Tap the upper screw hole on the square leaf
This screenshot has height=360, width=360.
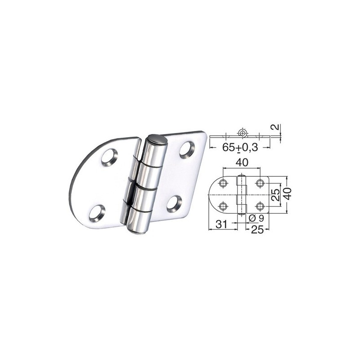pyautogui.click(x=187, y=149)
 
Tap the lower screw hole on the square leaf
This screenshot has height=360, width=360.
pyautogui.click(x=174, y=203)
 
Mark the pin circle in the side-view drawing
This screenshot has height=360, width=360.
pyautogui.click(x=243, y=133)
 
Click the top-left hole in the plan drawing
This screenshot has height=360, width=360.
pyautogui.click(x=223, y=183)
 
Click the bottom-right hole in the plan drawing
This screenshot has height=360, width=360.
pyautogui.click(x=260, y=206)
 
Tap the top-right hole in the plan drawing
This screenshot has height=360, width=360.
pyautogui.click(x=260, y=183)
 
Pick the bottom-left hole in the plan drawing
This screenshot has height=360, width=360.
pyautogui.click(x=223, y=206)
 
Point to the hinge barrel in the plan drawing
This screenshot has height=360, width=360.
pyautogui.click(x=242, y=194)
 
